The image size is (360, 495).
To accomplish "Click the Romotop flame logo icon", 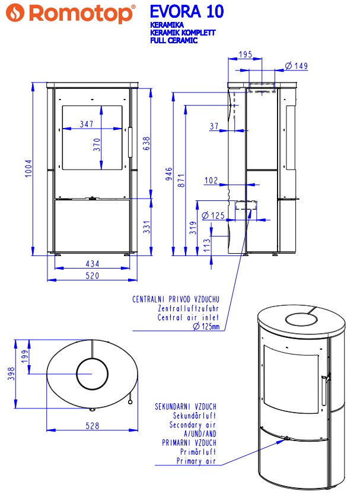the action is (x=15, y=12).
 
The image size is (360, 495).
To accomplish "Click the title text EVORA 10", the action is (x=187, y=12).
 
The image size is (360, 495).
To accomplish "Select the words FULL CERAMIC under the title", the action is (x=174, y=40).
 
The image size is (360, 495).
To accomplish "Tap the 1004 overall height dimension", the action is (x=28, y=168).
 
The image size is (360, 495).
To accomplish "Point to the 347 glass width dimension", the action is (x=87, y=124).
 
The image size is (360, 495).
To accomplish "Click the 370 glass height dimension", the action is (x=97, y=145).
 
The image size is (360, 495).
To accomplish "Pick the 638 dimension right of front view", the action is (x=146, y=143).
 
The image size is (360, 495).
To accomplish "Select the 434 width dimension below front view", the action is (x=92, y=263).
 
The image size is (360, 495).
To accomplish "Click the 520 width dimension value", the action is (x=92, y=276).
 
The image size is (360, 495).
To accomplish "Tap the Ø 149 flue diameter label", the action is (x=296, y=66).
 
